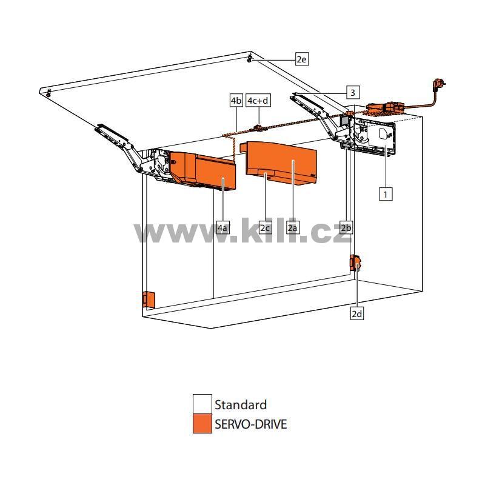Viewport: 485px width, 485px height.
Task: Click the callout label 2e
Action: (x=301, y=59)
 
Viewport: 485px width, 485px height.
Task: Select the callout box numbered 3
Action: (x=353, y=93)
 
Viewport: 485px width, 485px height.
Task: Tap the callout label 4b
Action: (x=236, y=101)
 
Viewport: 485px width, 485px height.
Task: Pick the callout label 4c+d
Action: (x=258, y=101)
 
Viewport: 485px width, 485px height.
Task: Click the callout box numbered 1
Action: (x=386, y=194)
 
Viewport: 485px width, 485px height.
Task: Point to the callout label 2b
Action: (x=346, y=228)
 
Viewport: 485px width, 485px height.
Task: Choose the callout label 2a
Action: (x=293, y=228)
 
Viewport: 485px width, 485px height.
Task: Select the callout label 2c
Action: (x=266, y=228)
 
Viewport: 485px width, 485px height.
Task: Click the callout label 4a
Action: (x=223, y=228)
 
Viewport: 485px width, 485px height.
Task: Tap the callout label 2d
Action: (x=357, y=313)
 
